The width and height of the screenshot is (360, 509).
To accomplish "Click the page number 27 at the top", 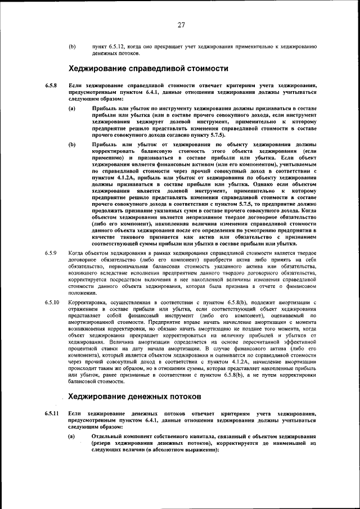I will [x=181, y=24].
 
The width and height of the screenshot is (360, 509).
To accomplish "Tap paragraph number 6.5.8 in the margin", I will [x=51, y=85].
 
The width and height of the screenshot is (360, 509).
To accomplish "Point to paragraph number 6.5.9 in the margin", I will [x=51, y=253].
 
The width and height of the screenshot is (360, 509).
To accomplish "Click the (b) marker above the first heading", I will [x=72, y=46].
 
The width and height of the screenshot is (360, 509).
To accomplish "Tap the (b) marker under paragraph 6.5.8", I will [x=72, y=145].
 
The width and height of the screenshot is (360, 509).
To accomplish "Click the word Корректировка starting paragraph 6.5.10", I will [x=87, y=303].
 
